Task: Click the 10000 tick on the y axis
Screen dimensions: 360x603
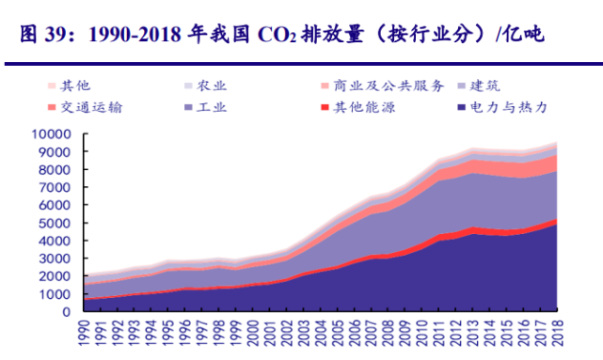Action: point(51,133)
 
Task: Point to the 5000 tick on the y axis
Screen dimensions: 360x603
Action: point(55,223)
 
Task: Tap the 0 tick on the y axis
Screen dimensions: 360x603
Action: point(66,312)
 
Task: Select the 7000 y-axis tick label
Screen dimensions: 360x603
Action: point(55,187)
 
